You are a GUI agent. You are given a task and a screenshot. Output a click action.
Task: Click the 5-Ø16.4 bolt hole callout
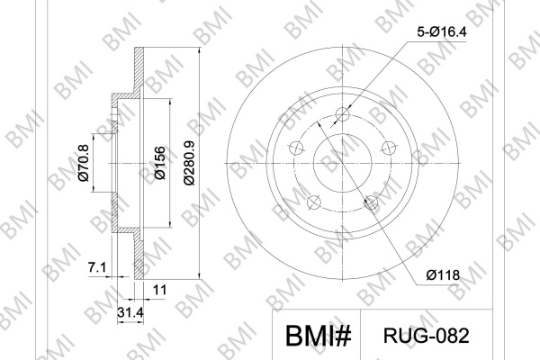pos(442,32)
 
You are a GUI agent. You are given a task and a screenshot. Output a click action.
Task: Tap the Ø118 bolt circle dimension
pos(443,274)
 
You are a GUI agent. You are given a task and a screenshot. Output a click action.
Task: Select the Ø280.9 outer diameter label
pos(189,163)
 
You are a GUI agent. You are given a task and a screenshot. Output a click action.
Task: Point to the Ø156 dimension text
pos(160,163)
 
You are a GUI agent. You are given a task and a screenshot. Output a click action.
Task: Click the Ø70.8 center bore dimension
pos(84,163)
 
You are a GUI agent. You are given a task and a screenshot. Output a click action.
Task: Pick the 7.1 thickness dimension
pos(97,267)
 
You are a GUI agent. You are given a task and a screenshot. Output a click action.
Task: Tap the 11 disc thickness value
pos(159,290)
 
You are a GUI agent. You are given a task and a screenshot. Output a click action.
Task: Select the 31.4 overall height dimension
pos(130,312)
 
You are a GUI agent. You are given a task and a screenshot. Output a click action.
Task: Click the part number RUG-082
pos(427,336)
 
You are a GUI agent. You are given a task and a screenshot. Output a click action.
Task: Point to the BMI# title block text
pos(319,335)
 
